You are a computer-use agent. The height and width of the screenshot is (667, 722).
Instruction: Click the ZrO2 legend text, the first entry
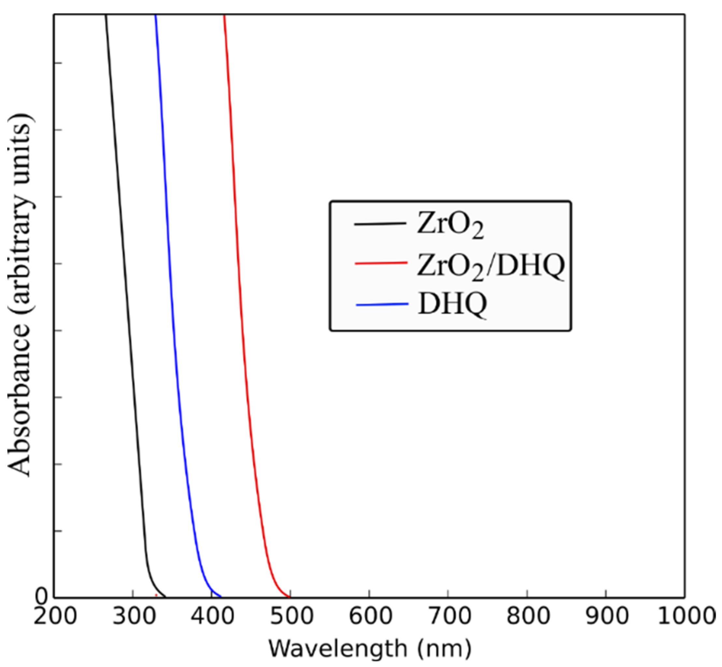click(450, 226)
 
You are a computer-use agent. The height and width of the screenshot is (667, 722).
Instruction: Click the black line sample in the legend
click(380, 224)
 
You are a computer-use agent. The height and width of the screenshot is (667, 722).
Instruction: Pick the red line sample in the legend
click(381, 263)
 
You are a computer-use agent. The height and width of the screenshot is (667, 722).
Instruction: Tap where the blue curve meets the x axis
click(220, 597)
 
